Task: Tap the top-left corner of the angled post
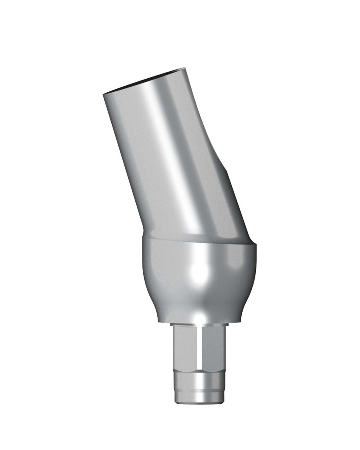click(x=104, y=95)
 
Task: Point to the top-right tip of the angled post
click(x=185, y=69)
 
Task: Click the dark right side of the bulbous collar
click(x=244, y=281)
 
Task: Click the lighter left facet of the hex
click(x=185, y=347)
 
